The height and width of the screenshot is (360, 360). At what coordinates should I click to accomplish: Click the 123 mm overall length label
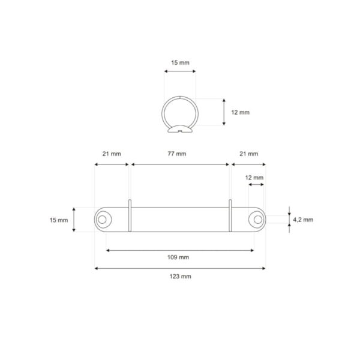pyautogui.click(x=180, y=276)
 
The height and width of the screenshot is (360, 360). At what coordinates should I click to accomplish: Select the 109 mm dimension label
pyautogui.click(x=178, y=257)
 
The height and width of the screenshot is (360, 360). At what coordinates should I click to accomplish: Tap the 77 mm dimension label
pyautogui.click(x=177, y=154)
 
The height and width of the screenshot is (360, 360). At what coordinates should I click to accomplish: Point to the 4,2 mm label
pyautogui.click(x=303, y=220)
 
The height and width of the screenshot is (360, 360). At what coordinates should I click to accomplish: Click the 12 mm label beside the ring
pyautogui.click(x=240, y=112)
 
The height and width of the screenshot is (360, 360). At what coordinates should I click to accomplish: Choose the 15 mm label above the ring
pyautogui.click(x=180, y=62)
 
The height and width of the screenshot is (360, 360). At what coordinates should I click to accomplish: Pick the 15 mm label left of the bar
pyautogui.click(x=59, y=220)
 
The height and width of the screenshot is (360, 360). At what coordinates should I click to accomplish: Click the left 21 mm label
pyautogui.click(x=112, y=154)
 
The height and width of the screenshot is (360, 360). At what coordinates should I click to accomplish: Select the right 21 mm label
pyautogui.click(x=248, y=154)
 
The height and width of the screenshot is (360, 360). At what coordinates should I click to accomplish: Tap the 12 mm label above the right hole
pyautogui.click(x=254, y=178)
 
